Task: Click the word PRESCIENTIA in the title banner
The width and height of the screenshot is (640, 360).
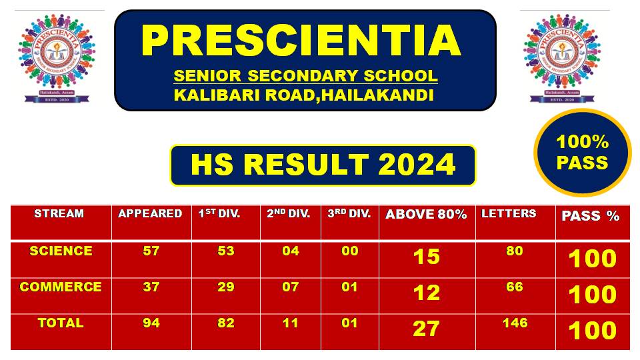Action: (x=301, y=41)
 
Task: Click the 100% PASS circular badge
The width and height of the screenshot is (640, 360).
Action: (x=582, y=153)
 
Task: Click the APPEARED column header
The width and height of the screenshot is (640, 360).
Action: (x=150, y=214)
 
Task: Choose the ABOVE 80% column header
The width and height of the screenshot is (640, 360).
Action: (x=426, y=215)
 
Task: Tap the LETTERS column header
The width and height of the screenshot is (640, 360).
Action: (x=509, y=214)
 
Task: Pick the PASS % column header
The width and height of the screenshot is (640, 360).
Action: (x=591, y=216)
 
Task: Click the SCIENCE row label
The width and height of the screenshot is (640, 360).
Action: (x=61, y=251)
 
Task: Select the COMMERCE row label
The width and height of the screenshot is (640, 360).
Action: (x=61, y=287)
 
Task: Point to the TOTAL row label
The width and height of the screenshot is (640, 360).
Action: (x=61, y=323)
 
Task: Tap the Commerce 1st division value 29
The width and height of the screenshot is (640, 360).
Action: (x=226, y=287)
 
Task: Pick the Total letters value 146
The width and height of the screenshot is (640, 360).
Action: (x=514, y=323)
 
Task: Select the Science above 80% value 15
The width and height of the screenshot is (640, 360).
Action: (x=426, y=257)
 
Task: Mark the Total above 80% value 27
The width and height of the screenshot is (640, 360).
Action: (x=426, y=329)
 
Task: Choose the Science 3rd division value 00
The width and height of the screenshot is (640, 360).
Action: (x=349, y=251)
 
